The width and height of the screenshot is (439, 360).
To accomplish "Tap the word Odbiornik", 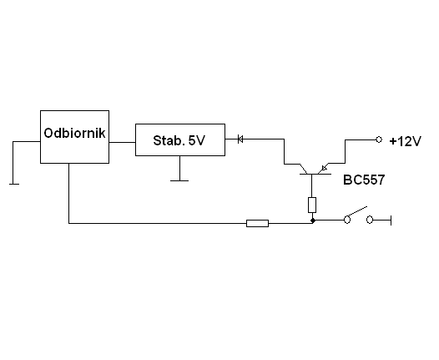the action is tap(74, 133).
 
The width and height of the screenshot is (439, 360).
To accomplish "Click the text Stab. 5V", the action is tap(179, 140).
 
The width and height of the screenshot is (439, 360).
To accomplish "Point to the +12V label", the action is tap(405, 141).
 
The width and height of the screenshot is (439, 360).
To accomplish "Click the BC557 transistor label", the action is tap(364, 180).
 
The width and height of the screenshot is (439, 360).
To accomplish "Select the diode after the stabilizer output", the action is tap(240, 139).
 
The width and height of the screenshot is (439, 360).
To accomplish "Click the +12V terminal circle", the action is tap(379, 139).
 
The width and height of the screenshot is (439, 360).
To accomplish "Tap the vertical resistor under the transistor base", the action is tap(312, 205).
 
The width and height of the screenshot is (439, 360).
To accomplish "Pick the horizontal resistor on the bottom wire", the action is tap(257, 223).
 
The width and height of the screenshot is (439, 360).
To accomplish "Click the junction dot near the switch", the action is tap(313, 221).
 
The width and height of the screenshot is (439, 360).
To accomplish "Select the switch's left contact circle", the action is tap(347, 220).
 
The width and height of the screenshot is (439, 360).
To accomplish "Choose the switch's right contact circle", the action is tap(370, 220).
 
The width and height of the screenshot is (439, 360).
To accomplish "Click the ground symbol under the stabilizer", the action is tap(179, 180).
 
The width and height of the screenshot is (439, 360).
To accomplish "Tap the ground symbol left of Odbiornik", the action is tap(14, 184).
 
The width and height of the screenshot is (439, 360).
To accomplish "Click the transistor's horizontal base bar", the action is tap(315, 174).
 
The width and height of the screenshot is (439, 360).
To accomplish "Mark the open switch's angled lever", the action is tap(357, 211).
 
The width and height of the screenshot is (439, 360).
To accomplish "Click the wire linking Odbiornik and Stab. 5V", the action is tap(122, 142).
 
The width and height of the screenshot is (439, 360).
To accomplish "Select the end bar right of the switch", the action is tap(391, 221).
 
